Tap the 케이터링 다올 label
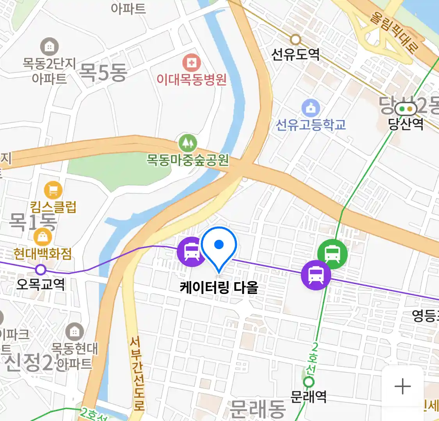click(219, 288)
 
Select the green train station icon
click(332, 253)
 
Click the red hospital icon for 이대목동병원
click(192, 63)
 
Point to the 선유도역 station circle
click(296, 39)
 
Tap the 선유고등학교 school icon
click(311, 108)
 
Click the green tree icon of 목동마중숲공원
click(188, 143)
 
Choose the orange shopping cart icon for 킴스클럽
click(53, 190)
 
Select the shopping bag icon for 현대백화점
click(43, 237)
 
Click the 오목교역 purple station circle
click(41, 269)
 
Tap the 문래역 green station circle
click(309, 382)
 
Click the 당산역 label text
click(405, 124)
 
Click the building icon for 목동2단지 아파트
click(49, 47)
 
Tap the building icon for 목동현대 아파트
click(74, 332)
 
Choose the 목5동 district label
click(103, 72)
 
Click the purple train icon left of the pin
click(191, 251)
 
